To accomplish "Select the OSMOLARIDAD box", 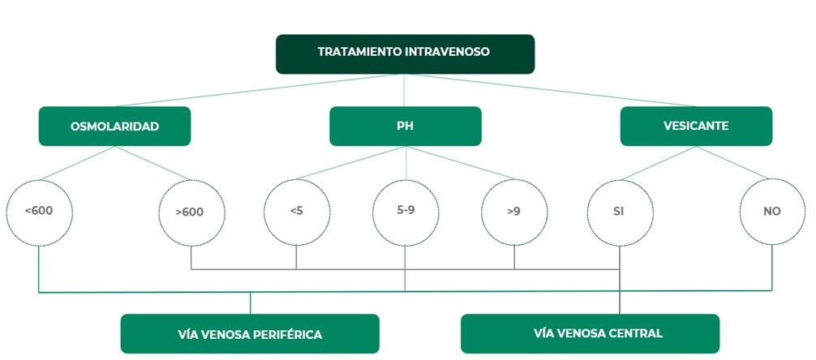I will click(114, 126).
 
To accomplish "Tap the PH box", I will click(405, 126).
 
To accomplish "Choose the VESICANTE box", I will click(695, 126).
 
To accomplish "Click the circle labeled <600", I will click(39, 211).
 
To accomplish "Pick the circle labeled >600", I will click(191, 212).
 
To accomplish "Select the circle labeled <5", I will click(296, 212).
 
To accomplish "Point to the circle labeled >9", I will click(514, 212).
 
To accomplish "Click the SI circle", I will click(620, 212).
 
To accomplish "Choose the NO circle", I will click(771, 211).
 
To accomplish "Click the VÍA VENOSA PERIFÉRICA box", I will click(250, 334).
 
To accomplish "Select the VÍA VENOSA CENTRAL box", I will click(590, 333).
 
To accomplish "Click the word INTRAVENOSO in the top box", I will click(451, 51).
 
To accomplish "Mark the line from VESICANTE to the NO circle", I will click(733, 165).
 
